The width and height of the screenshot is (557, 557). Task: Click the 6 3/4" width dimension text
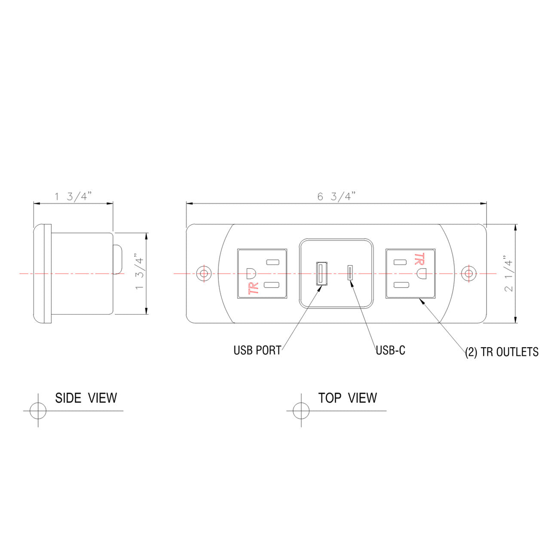[336, 197]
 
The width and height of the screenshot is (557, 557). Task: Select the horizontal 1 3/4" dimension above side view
[73, 197]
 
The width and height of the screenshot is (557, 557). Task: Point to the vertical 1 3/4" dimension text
[139, 273]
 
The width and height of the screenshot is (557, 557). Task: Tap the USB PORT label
[257, 350]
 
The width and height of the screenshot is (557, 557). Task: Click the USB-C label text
[390, 350]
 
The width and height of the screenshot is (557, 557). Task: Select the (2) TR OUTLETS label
[502, 352]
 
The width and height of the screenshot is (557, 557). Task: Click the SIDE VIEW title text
[86, 398]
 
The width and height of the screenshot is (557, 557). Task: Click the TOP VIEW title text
[347, 398]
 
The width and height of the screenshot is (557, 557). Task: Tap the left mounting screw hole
[203, 273]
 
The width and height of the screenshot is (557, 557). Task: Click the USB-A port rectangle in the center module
[321, 273]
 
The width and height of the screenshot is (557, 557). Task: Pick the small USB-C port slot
[351, 273]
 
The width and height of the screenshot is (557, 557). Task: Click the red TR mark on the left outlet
[254, 288]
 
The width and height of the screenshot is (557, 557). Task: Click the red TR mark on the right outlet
[419, 259]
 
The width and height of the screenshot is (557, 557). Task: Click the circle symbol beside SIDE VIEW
[38, 410]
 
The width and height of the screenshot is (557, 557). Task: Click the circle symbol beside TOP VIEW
[301, 410]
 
